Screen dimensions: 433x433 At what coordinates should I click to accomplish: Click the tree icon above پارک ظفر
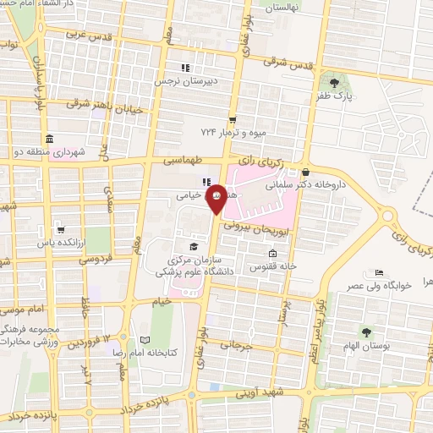(x=336, y=83)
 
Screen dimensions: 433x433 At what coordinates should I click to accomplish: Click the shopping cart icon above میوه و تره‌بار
(x=232, y=118)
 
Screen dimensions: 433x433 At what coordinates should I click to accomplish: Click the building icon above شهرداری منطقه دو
(x=50, y=138)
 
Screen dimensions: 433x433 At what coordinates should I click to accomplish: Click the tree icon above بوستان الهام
(x=365, y=332)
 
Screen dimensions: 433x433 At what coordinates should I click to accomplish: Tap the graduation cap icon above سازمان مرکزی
(x=194, y=247)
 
